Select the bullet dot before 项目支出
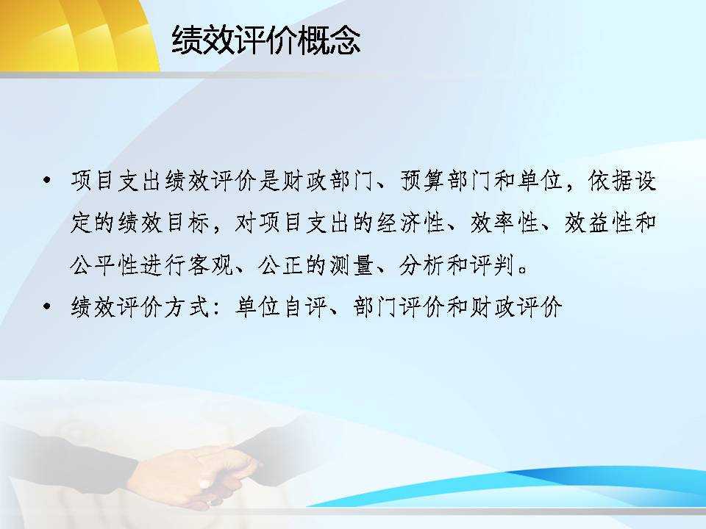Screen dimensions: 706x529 (x=46, y=181)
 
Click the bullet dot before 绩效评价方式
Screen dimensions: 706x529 (x=46, y=307)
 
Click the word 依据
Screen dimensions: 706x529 (x=610, y=181)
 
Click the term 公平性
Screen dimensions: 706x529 (x=104, y=265)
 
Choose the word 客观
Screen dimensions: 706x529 (x=210, y=265)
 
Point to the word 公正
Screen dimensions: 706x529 (x=281, y=265)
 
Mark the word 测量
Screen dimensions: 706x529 (x=352, y=265)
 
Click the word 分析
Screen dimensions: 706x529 (x=422, y=265)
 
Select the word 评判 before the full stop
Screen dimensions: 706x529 (x=493, y=265)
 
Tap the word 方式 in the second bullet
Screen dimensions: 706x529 (x=187, y=307)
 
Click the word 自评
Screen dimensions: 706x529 (x=304, y=307)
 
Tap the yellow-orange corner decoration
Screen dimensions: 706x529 (x=76, y=35)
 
